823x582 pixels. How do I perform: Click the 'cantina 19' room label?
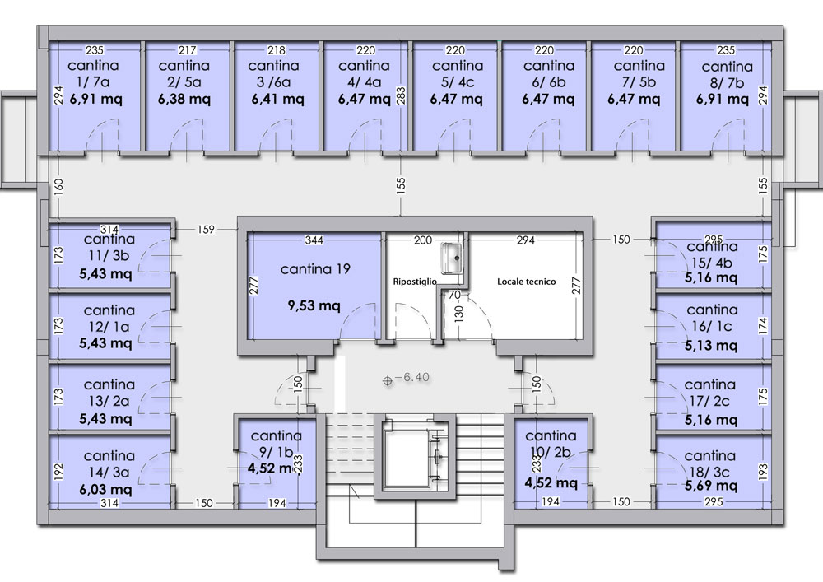pyautogui.click(x=315, y=269)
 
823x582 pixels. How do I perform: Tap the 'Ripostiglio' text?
pyautogui.click(x=415, y=282)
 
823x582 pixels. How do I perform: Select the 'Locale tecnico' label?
pyautogui.click(x=527, y=282)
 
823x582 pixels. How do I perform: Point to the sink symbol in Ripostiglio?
pyautogui.click(x=451, y=258)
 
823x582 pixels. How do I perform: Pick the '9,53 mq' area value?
pyautogui.click(x=314, y=305)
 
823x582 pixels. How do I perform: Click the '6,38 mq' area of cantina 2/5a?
pyautogui.click(x=184, y=99)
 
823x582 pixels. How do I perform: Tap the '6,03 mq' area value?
pyautogui.click(x=105, y=490)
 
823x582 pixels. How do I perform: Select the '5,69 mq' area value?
pyautogui.click(x=711, y=486)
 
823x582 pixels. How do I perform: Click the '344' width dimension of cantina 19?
pyautogui.click(x=314, y=240)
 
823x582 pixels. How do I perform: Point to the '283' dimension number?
pyautogui.click(x=401, y=95)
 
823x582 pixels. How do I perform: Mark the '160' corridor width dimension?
pyautogui.click(x=58, y=186)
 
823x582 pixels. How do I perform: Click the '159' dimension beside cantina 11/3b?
pyautogui.click(x=206, y=230)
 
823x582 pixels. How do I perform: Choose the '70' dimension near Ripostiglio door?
pyautogui.click(x=454, y=295)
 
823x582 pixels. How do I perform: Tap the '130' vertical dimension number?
pyautogui.click(x=458, y=314)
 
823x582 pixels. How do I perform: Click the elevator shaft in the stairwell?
pyautogui.click(x=415, y=455)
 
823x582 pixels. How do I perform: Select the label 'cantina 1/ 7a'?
pyautogui.click(x=93, y=74)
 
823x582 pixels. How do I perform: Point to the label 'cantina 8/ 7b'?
pyautogui.click(x=727, y=75)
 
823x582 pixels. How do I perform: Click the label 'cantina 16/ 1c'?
pyautogui.click(x=712, y=318)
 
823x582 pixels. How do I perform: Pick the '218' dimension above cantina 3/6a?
pyautogui.click(x=277, y=50)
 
